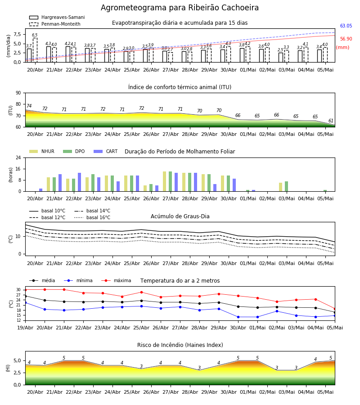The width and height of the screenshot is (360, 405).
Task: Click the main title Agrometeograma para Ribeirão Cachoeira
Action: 180,8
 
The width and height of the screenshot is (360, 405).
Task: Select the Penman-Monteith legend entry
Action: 55,24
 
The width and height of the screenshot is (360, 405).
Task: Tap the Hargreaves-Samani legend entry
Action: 57,17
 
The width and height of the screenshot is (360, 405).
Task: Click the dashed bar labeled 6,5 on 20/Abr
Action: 35,50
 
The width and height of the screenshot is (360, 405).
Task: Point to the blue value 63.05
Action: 346,26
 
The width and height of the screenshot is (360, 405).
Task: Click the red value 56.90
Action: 346,39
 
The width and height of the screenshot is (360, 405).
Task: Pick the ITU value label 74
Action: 29,106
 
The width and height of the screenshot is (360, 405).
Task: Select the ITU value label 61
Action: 331,121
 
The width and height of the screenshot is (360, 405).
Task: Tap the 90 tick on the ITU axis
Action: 18,93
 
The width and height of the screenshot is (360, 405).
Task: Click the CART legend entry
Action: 106,151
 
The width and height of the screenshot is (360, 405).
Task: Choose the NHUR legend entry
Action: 42,151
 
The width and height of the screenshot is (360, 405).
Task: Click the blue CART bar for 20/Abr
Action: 41,190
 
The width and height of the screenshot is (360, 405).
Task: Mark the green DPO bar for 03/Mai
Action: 286,186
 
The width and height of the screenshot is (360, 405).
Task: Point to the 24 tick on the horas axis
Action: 18,157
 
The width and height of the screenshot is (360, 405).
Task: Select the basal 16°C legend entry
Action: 92,217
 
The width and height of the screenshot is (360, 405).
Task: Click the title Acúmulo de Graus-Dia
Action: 180,216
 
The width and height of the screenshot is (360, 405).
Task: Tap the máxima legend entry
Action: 116,280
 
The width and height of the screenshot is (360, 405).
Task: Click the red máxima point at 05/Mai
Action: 335,309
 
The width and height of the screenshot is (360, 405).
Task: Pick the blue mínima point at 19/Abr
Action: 25,302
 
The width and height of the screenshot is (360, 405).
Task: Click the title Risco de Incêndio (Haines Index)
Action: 180,345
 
